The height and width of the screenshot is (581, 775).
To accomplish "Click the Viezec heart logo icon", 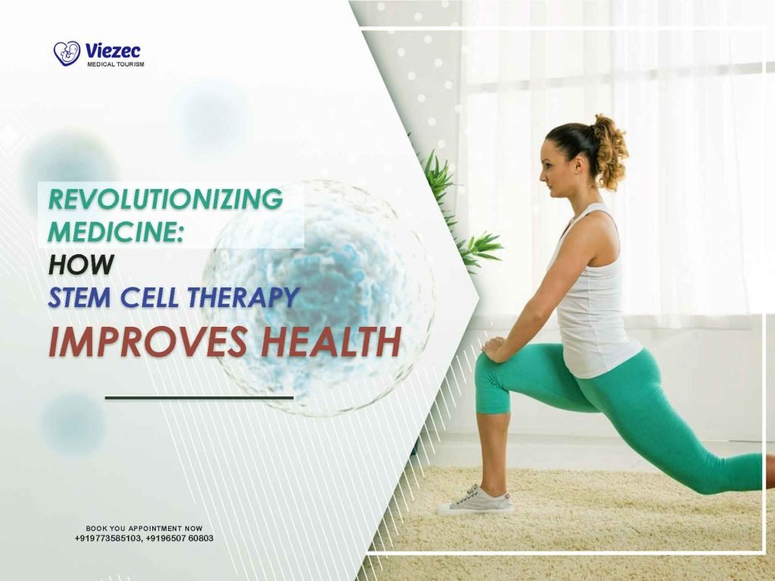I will point(67,53).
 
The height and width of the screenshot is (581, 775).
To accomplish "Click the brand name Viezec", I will point(114,51).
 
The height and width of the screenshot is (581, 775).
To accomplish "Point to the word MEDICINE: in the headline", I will point(117,231).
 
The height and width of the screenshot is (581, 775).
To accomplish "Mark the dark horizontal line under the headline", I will point(198,397).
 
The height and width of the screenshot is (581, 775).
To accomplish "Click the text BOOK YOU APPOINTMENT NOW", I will point(144,528).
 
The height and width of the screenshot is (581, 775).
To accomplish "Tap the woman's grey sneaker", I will point(476,500).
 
